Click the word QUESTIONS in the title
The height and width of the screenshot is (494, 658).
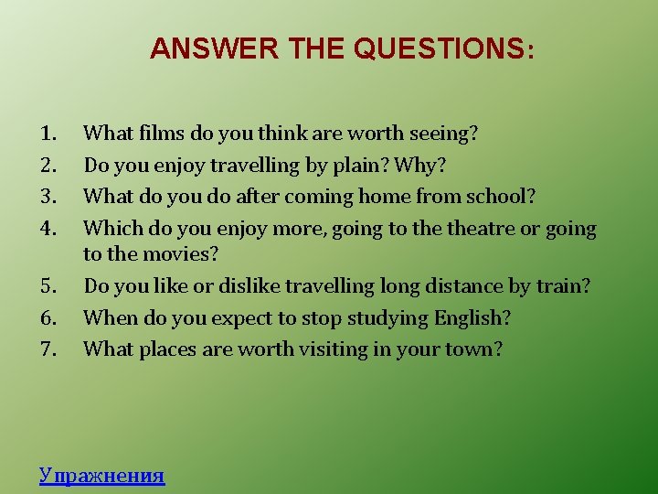click(x=439, y=48)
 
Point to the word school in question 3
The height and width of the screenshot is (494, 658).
click(x=504, y=197)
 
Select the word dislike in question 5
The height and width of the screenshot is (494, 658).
click(x=245, y=286)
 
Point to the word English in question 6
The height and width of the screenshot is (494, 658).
click(x=468, y=318)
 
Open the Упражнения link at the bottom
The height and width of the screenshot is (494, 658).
click(x=101, y=475)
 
